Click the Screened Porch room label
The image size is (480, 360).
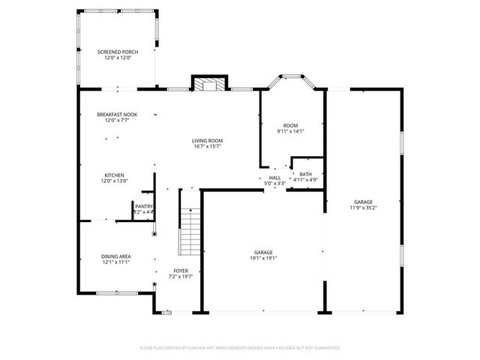[x=118, y=52]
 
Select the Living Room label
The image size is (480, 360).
[x=208, y=140]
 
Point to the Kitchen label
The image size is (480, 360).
[x=114, y=174]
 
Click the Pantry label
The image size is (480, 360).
[x=144, y=206]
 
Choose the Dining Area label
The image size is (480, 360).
[x=116, y=256]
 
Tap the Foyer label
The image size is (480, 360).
[x=181, y=270]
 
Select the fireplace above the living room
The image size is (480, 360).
[x=208, y=83]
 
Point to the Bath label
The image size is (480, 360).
[x=306, y=174]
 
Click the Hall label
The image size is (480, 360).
[x=274, y=178]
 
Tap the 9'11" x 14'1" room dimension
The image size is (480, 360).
[x=291, y=131]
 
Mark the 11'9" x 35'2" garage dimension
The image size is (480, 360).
[x=364, y=208]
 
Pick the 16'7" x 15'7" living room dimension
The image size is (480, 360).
[x=208, y=147]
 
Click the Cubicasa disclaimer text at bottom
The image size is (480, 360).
[x=240, y=348]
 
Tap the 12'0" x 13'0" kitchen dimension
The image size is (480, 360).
[x=114, y=181]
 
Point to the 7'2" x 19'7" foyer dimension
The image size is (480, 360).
[x=181, y=277]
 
